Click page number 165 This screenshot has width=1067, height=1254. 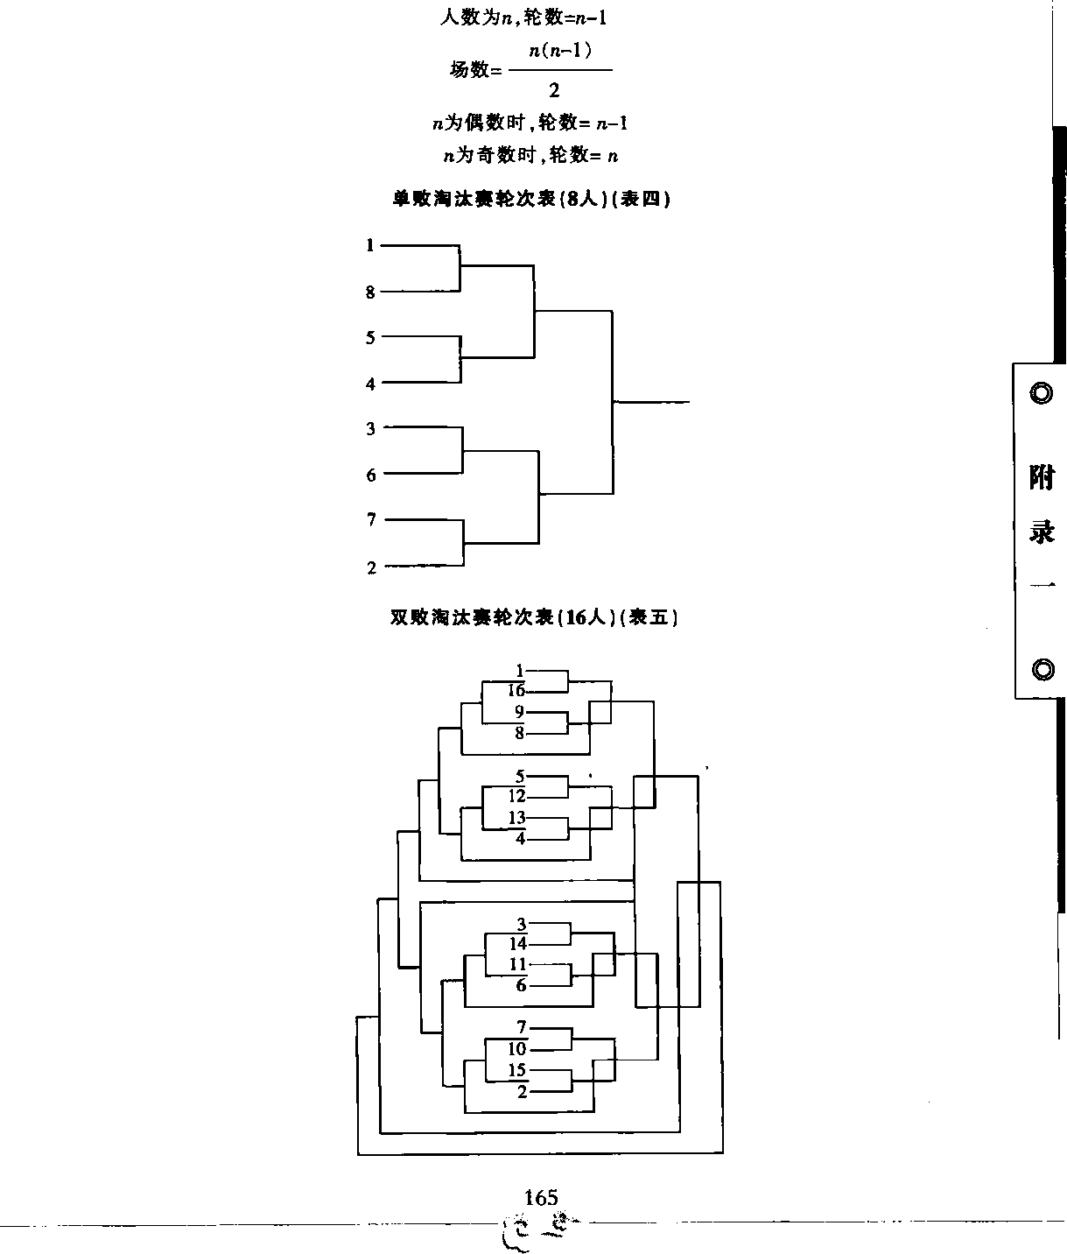click(540, 1197)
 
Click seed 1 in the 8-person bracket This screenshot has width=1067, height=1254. click(370, 246)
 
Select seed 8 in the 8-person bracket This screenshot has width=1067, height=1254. click(370, 292)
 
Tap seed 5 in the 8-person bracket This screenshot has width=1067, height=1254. click(370, 337)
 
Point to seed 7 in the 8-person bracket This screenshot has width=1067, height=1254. click(371, 520)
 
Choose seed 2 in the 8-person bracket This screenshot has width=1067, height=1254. click(371, 567)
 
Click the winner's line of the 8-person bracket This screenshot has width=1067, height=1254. click(652, 402)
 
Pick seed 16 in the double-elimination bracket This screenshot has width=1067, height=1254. click(516, 691)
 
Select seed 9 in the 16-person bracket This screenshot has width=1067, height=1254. click(519, 712)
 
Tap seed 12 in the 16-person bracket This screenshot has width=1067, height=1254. click(516, 796)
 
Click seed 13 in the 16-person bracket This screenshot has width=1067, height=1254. click(516, 818)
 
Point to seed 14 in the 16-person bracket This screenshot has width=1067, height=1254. click(518, 943)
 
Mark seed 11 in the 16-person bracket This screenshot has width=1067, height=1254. click(518, 964)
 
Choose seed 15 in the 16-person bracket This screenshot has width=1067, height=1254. click(517, 1069)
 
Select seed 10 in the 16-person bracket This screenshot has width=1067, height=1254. click(517, 1048)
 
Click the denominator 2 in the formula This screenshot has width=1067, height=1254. click(554, 89)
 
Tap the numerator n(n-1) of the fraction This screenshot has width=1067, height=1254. click(561, 52)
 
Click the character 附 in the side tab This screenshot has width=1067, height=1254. click(1042, 477)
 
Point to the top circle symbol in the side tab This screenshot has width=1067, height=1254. click(1041, 392)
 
